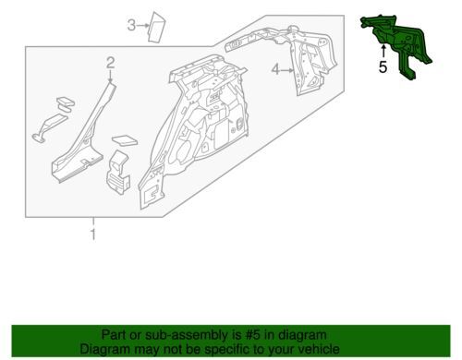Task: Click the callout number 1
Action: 93,234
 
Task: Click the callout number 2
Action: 111,63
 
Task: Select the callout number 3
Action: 131,25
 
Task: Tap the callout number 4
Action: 275,70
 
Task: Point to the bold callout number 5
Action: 383,67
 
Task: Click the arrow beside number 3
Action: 142,26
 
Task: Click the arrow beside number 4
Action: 287,70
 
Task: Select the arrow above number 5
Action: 383,52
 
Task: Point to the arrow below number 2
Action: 111,76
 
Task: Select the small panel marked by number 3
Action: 156,27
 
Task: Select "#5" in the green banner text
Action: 251,334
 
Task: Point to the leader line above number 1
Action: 93,222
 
